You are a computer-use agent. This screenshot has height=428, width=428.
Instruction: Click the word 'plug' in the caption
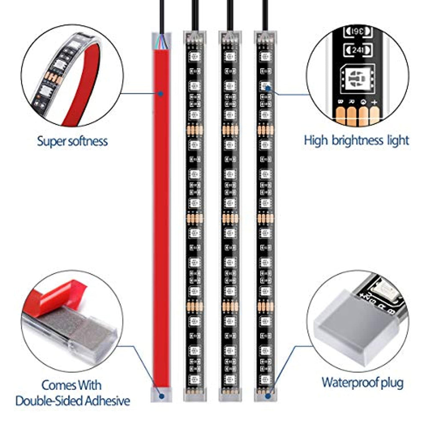393,382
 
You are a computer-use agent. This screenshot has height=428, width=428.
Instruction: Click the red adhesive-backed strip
161,209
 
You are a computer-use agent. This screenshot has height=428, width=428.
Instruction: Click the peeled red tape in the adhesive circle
59,295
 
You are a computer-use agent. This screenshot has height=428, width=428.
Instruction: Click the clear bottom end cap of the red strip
161,394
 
